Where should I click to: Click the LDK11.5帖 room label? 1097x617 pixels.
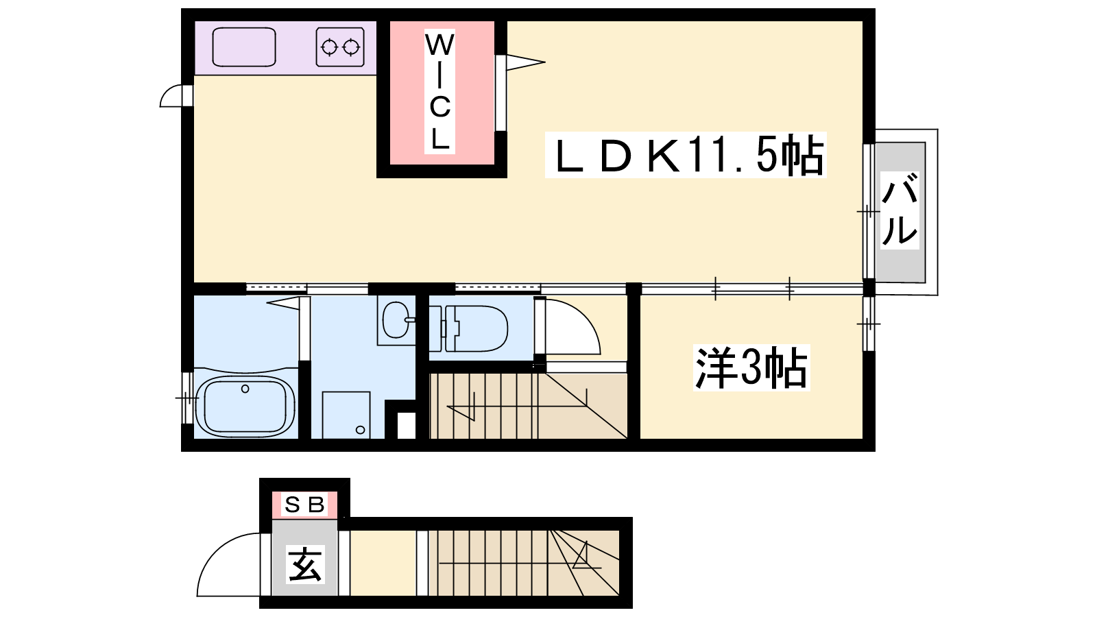point(686,155)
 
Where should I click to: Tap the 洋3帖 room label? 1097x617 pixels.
point(751,367)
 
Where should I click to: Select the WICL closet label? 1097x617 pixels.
point(439,92)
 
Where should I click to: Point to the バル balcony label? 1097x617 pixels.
point(899,210)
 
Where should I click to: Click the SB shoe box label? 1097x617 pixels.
point(304,505)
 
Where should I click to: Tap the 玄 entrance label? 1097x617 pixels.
point(305,564)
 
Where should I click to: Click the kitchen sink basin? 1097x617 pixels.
point(244,47)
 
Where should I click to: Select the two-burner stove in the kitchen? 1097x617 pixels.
point(340,47)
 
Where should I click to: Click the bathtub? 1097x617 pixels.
point(245,405)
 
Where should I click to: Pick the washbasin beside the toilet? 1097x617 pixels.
point(396,320)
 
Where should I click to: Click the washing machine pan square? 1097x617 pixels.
point(346,415)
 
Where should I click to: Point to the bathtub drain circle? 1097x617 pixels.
point(245,389)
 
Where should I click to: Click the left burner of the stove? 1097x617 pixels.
point(329,47)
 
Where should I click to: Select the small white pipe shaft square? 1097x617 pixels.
point(407,425)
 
